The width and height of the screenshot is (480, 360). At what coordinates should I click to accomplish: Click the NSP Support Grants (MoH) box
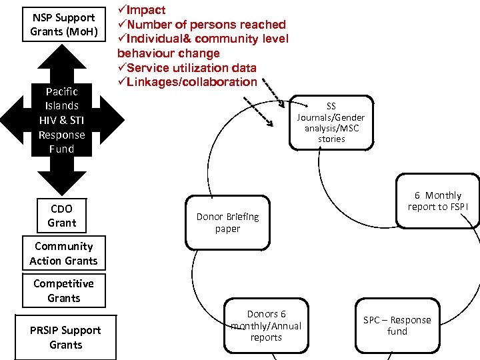point(64,25)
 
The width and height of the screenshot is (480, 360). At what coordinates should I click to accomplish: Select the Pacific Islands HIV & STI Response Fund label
point(61,120)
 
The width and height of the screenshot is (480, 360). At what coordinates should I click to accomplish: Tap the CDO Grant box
point(61,215)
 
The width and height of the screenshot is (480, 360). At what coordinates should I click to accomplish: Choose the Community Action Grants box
point(63,253)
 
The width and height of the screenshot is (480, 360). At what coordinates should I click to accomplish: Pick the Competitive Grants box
point(63,291)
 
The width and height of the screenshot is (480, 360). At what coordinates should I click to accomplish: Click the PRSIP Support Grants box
point(65,337)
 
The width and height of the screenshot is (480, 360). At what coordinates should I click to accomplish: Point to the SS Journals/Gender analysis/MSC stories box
point(331,123)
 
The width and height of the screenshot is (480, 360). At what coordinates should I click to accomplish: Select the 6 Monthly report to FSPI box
point(437,201)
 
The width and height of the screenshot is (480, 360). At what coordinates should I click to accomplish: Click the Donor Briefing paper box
point(227,223)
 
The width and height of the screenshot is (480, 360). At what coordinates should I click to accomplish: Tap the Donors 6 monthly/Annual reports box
point(266,325)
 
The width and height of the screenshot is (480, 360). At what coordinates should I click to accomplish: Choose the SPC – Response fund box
point(397,325)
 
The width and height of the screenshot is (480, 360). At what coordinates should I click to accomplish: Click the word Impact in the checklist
point(146,10)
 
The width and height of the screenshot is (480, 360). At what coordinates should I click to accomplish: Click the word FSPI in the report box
point(457,207)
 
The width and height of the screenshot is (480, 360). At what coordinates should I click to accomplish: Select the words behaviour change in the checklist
point(168,53)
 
